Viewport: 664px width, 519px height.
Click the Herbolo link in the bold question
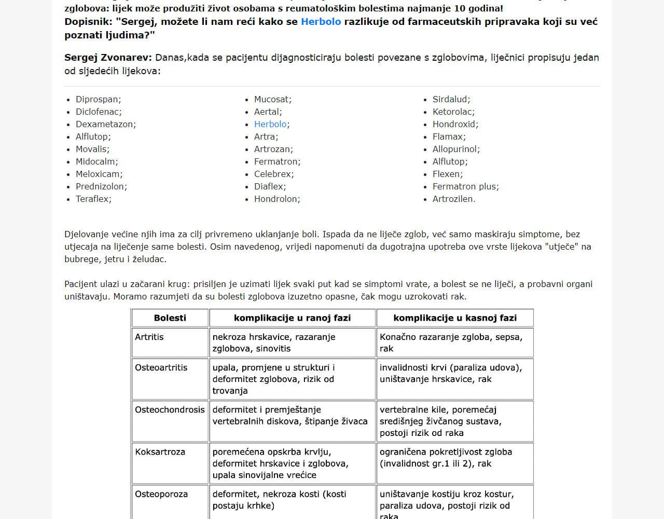tap(321, 22)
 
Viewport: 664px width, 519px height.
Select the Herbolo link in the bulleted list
tap(270, 125)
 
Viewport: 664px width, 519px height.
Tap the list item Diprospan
tap(98, 100)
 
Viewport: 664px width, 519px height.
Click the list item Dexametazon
tap(105, 125)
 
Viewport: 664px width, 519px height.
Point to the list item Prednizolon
tap(101, 187)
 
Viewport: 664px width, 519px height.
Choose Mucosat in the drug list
tap(272, 100)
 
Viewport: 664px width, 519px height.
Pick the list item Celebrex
tap(273, 174)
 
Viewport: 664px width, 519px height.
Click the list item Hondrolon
tap(276, 199)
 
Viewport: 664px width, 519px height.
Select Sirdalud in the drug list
tap(451, 100)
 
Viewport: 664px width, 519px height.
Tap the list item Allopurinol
tap(456, 149)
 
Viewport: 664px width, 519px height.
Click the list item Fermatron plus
tap(465, 187)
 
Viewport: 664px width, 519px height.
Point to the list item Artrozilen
tap(453, 199)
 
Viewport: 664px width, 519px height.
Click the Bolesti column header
tap(170, 318)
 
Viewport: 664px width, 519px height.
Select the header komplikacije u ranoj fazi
tap(292, 318)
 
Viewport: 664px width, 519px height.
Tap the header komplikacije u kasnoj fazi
tap(455, 318)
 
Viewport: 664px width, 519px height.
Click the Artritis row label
tap(149, 337)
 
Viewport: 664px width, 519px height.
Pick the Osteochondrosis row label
tap(170, 410)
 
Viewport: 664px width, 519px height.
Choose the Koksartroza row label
tap(160, 452)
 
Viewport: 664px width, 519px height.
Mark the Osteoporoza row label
tap(161, 495)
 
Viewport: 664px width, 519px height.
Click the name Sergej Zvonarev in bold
tap(108, 58)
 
